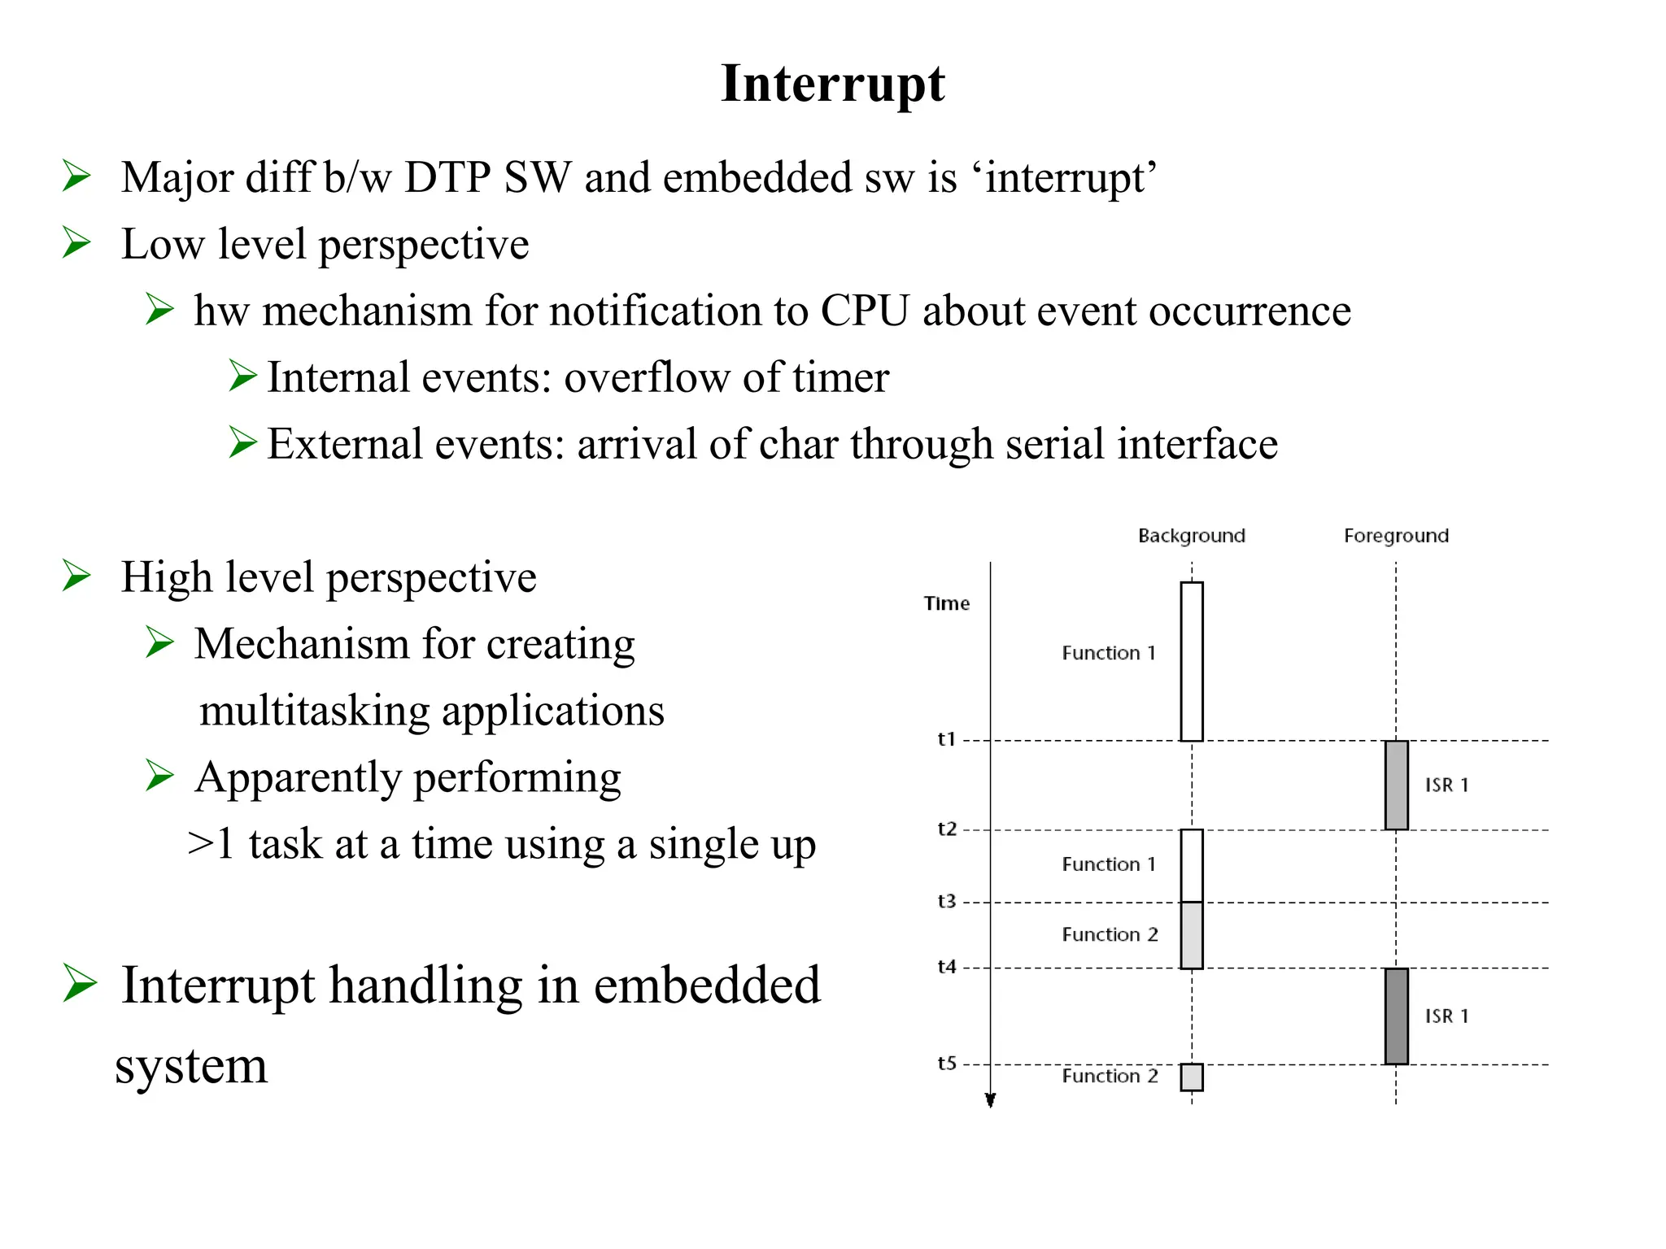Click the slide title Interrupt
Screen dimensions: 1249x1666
point(832,83)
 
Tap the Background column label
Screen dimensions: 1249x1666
point(1191,536)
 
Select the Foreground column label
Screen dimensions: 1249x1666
point(1396,536)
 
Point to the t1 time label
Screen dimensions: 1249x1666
point(946,739)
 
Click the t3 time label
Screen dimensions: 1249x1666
point(946,901)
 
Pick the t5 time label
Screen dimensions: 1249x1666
point(946,1063)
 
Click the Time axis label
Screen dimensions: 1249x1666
point(946,603)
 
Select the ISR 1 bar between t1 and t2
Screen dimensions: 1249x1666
point(1396,785)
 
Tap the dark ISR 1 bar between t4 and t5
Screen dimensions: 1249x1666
point(1396,1016)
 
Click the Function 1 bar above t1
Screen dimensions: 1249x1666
point(1192,661)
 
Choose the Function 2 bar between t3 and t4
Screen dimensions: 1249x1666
point(1192,935)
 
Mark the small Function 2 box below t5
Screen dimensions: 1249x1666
point(1192,1077)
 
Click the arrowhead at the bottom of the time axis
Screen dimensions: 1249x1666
point(990,1100)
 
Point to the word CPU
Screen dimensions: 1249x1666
point(864,311)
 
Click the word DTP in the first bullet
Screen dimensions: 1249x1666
point(447,177)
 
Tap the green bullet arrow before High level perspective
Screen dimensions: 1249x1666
point(76,577)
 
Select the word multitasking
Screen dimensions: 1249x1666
point(314,711)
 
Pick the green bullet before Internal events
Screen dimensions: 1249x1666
point(242,376)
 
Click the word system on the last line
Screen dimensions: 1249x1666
point(191,1065)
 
